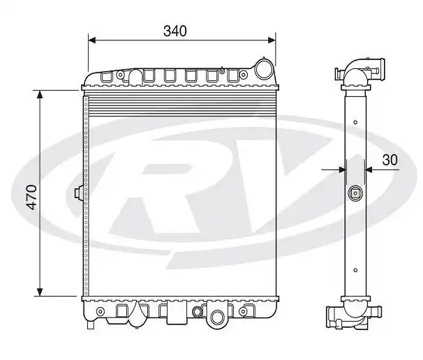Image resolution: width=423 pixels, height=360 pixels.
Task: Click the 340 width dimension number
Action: coord(176,31)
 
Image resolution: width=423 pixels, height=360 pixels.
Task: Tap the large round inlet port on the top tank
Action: coord(265,69)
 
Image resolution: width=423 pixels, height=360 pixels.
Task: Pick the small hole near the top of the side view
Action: coord(355,123)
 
